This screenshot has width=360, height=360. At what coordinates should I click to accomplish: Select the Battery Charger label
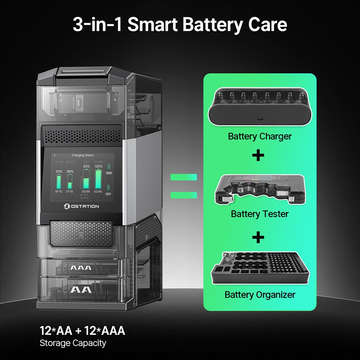260,136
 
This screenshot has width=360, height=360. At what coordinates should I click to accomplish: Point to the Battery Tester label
260,214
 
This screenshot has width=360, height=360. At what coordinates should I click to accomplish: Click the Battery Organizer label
260,294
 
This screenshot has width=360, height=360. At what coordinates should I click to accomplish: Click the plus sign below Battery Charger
258,156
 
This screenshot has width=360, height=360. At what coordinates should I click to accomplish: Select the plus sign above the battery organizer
258,237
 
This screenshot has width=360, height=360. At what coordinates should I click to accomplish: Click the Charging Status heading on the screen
83,155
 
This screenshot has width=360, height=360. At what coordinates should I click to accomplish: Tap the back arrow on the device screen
55,155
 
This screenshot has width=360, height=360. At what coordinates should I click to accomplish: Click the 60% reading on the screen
86,167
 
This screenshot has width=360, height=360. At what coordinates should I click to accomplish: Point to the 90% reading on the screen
59,171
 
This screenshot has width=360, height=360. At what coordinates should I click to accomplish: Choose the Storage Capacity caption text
73,343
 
